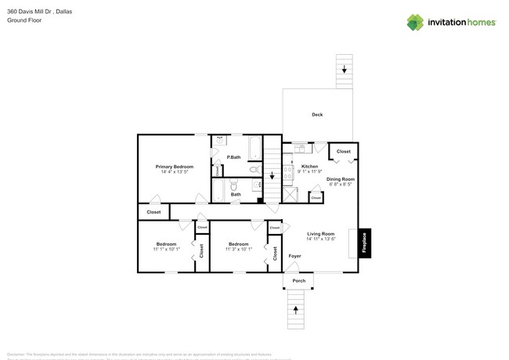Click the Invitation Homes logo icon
point(415,23)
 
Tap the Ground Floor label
point(23,20)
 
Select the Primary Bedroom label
point(174,167)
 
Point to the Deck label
point(317,115)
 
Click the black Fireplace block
point(365,242)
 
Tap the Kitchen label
point(310,167)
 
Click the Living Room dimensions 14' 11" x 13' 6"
point(320,239)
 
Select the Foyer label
point(294,256)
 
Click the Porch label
point(298,281)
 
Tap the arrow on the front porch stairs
point(296,311)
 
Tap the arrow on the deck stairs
point(344,69)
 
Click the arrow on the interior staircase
point(272,175)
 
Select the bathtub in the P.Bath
point(255,146)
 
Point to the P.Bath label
point(233,158)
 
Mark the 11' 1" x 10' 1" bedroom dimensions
point(166,250)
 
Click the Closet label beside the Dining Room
point(343,151)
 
